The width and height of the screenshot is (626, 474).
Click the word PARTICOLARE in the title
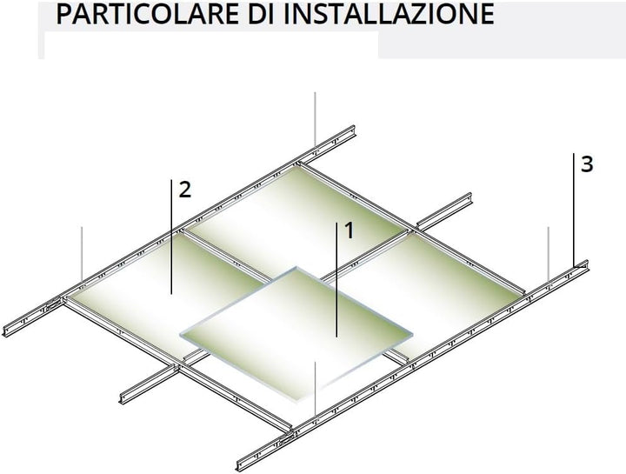point(147,14)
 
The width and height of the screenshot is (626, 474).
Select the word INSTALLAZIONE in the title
point(390,14)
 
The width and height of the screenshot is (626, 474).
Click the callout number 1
point(350,230)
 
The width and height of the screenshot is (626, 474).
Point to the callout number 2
point(185,190)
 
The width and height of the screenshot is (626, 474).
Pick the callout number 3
point(587,164)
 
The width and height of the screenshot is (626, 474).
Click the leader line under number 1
point(336,280)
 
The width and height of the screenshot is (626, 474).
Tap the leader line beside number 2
point(171,237)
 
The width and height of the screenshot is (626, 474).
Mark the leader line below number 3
point(574,210)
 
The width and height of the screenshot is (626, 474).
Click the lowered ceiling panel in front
point(297,335)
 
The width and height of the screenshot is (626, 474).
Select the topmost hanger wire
point(315,120)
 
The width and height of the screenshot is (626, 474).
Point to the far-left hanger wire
point(82,254)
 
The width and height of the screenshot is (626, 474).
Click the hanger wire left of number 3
point(548,254)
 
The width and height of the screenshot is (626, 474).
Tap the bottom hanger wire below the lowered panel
point(315,389)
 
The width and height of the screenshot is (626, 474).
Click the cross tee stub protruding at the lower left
point(150,384)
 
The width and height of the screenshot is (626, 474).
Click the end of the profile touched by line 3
point(585,265)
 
